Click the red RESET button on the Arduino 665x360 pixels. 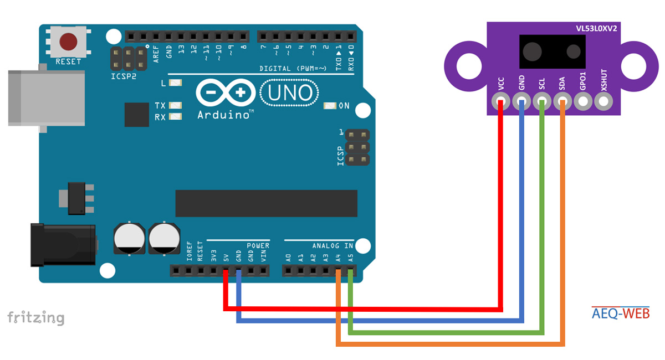68,42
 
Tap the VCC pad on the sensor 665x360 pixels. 501,102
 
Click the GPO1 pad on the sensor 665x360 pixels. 583,102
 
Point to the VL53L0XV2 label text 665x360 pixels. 596,28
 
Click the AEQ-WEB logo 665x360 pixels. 620,314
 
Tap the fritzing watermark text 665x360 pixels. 35,318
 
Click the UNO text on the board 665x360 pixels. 290,93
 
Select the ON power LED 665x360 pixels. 330,106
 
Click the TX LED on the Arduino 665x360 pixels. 176,105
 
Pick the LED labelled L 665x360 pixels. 176,84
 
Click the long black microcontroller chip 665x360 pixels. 266,203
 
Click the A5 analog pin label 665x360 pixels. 350,258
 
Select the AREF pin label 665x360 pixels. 157,52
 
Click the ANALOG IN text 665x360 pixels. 332,245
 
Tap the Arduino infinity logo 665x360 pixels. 224,94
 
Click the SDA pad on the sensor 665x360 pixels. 562,102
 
